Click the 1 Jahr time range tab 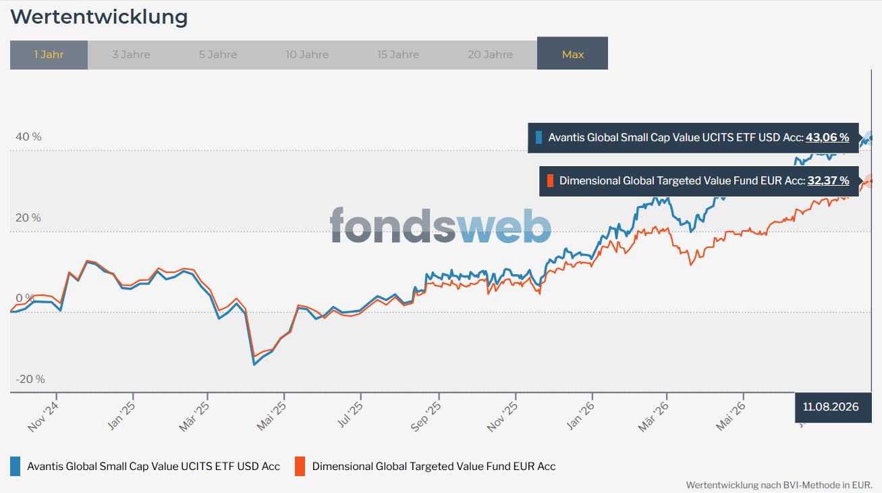[49, 55]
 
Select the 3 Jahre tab [131, 55]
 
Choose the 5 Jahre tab [218, 55]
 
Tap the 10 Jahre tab [307, 55]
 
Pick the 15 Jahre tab [398, 55]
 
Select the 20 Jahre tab [490, 55]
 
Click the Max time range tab [572, 53]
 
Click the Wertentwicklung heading [99, 17]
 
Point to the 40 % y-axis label [28, 136]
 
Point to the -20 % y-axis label [30, 379]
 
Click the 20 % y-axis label [28, 217]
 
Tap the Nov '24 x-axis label [43, 417]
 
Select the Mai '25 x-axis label [271, 417]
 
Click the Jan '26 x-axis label [580, 416]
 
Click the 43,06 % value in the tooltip [827, 138]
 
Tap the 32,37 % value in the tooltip [828, 181]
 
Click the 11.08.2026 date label [831, 407]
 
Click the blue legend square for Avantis [15, 467]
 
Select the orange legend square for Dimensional [300, 467]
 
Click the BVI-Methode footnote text [779, 485]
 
